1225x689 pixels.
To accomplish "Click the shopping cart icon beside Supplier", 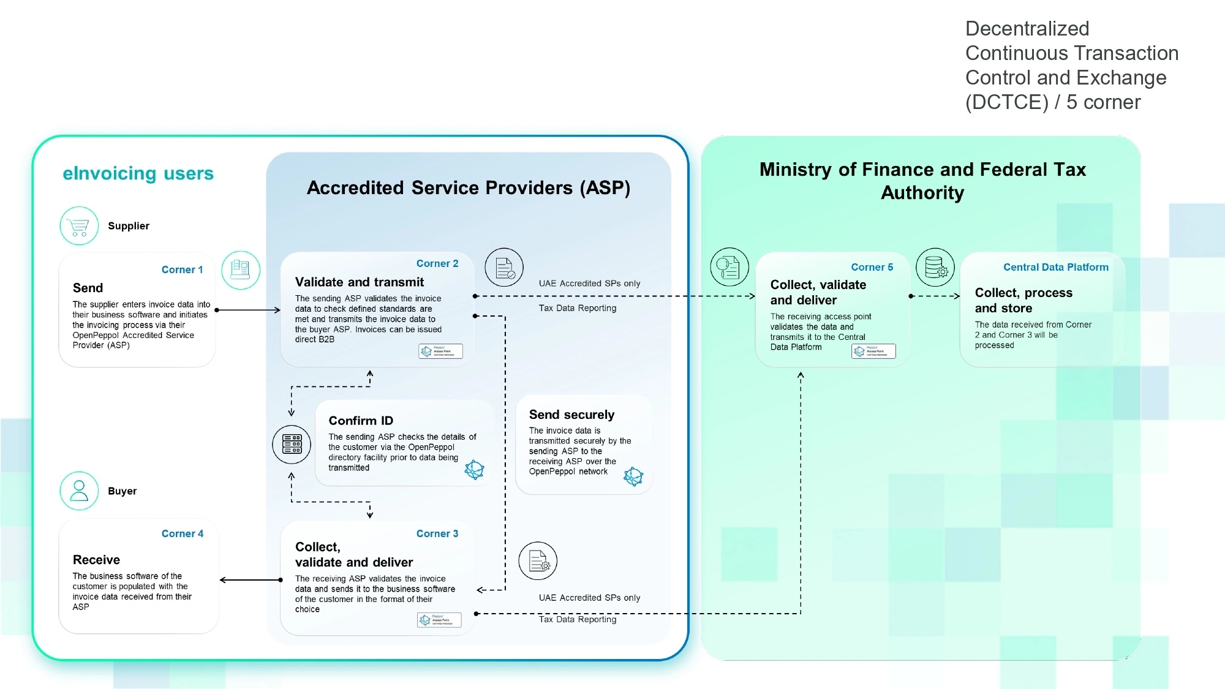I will click(79, 226).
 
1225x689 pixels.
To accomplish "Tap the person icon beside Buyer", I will click(79, 491).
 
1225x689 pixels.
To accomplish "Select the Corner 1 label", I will click(182, 269).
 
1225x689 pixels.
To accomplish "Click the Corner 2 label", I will click(437, 263).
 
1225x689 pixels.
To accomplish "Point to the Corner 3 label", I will click(437, 533).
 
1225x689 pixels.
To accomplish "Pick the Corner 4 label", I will click(183, 533).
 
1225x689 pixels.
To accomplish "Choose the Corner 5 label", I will click(872, 267).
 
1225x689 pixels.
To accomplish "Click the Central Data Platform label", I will click(1056, 267).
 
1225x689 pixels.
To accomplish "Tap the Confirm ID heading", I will click(361, 421).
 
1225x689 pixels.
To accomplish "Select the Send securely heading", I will click(571, 415).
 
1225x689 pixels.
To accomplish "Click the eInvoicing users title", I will click(138, 173).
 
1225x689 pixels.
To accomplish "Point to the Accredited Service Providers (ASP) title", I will click(469, 187).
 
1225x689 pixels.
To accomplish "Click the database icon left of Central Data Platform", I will click(935, 267).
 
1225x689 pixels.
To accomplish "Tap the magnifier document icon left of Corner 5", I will click(729, 267).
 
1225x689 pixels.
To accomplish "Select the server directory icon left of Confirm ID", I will click(292, 444).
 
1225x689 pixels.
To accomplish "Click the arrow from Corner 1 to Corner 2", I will click(248, 310).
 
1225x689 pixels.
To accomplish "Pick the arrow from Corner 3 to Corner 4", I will click(250, 580).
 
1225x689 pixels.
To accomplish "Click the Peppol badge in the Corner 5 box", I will click(873, 351).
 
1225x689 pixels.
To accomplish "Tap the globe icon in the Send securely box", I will click(633, 476).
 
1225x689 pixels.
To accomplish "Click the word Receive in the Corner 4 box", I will click(96, 560).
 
